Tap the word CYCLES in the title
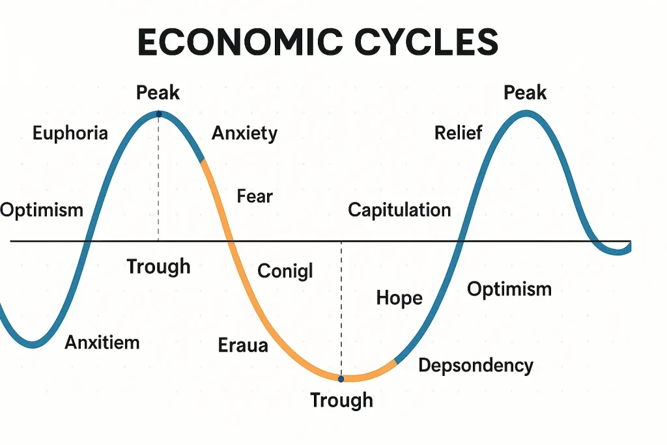point(426,42)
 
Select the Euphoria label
point(70,134)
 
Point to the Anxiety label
point(245,134)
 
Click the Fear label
point(255,196)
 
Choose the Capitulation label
point(399,210)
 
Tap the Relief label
point(458,133)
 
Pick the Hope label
point(399,298)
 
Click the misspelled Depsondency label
point(475,366)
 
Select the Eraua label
point(243,345)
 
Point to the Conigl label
point(285,271)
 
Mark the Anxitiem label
point(102,343)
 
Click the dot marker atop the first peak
point(159,114)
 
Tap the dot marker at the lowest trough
point(341,379)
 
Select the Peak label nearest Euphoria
point(158,93)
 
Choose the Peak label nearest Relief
point(525,93)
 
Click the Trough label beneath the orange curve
point(341,401)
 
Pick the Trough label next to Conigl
point(158,267)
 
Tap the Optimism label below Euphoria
point(42,210)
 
